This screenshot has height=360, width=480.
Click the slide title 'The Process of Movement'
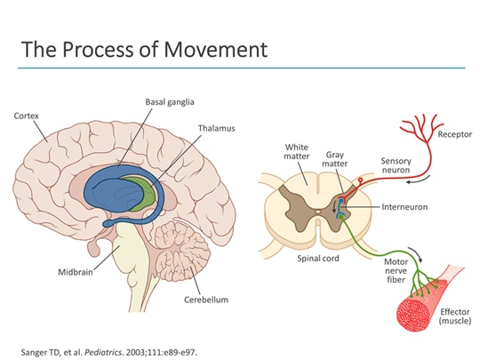coord(144,49)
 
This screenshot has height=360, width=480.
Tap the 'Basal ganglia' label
coord(170,102)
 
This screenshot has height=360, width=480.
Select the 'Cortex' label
coord(27,116)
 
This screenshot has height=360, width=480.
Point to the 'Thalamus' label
coord(216,128)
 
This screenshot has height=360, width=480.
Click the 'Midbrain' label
coord(77,272)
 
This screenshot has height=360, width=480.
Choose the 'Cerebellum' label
coord(206,300)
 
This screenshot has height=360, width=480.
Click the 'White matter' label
coord(297,154)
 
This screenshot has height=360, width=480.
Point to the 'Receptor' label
coord(453,134)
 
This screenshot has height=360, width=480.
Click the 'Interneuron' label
coord(404,206)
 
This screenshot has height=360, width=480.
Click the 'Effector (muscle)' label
coord(454,315)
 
